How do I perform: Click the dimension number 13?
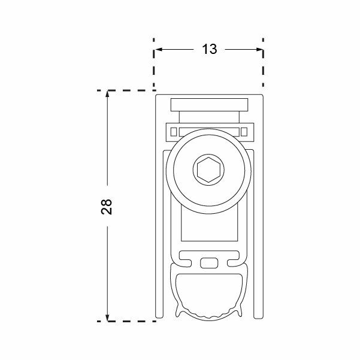pos(208,50)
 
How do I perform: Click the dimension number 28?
pos(107,207)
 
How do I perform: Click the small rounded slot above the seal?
pos(208,262)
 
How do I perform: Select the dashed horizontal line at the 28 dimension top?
pos(126,90)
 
